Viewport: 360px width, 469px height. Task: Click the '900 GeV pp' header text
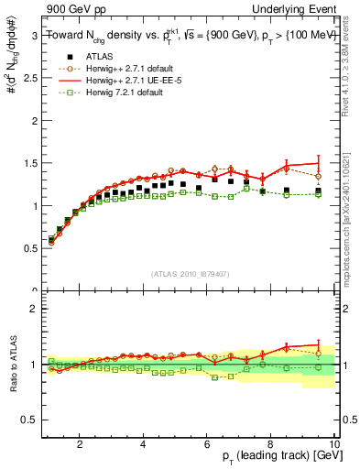(70, 8)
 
